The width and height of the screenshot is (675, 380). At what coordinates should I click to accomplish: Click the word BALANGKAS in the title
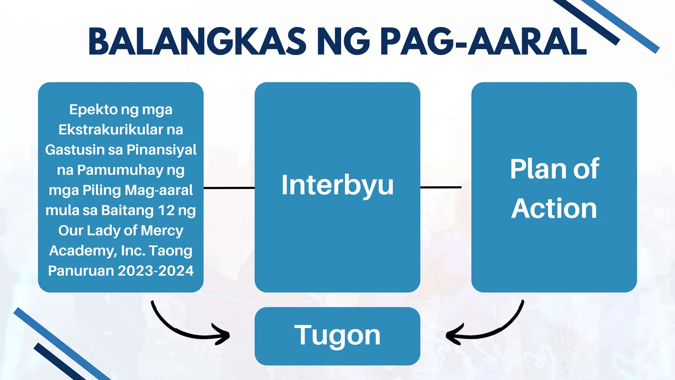click(197, 42)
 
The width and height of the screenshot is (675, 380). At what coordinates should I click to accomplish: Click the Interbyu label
click(337, 185)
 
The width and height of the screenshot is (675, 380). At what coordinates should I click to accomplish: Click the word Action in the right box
click(554, 208)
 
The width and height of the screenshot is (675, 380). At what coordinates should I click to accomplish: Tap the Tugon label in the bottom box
click(337, 335)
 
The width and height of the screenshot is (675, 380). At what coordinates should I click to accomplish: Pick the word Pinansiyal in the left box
click(161, 150)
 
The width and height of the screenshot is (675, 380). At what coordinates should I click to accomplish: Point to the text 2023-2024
click(156, 271)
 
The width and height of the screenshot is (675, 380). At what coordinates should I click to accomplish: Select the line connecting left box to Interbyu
click(229, 188)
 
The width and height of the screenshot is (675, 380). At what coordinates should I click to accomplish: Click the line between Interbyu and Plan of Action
click(441, 187)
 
